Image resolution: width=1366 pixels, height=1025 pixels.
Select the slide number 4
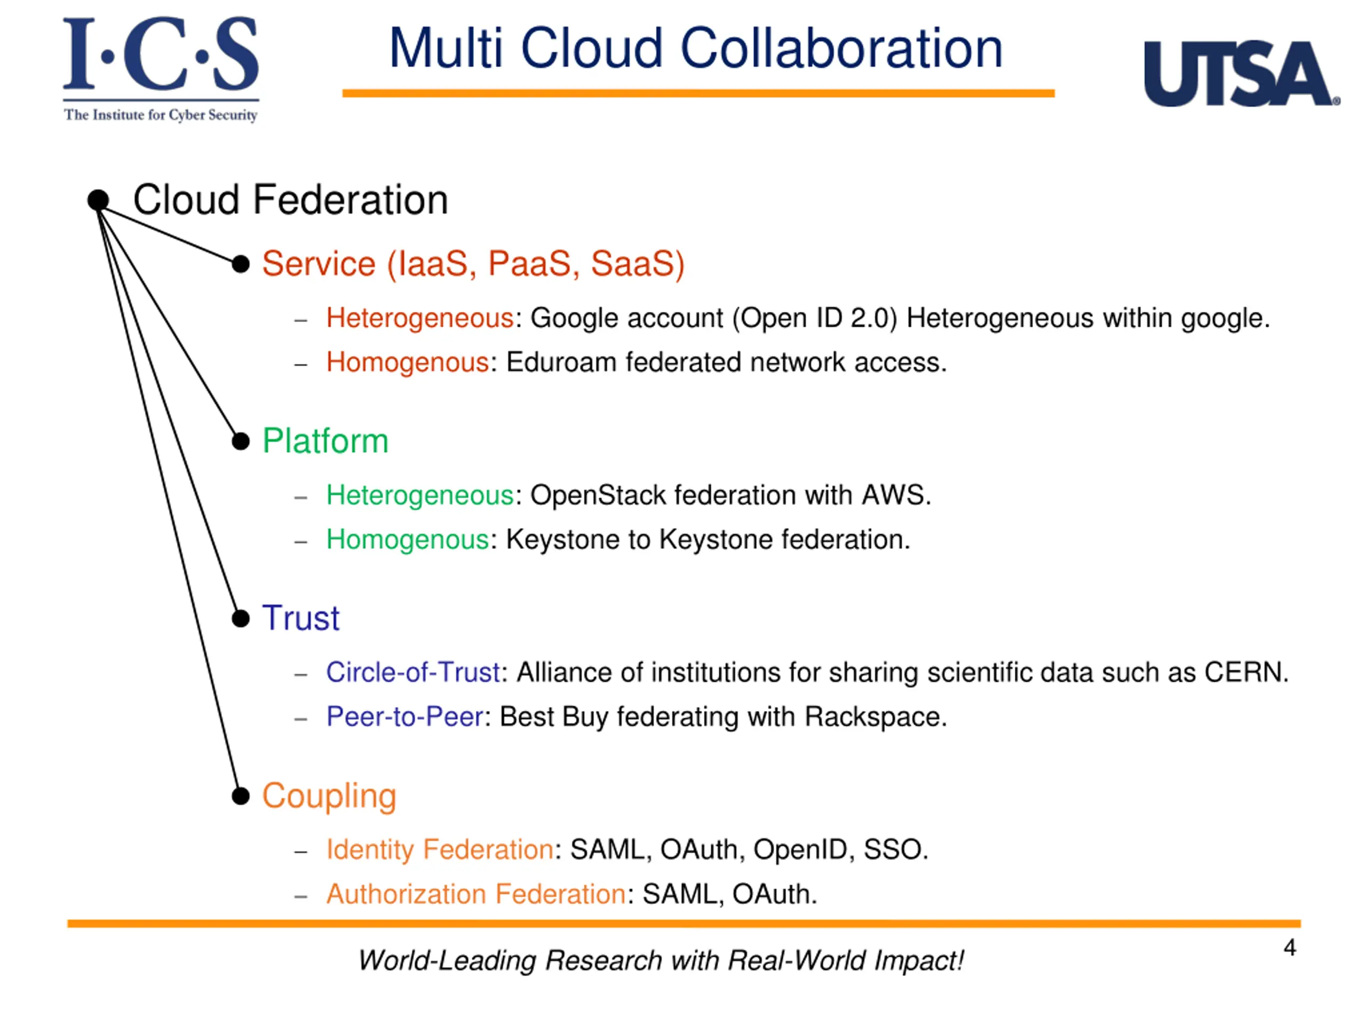[x=1289, y=948]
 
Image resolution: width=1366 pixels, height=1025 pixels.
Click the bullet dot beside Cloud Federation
[x=98, y=200]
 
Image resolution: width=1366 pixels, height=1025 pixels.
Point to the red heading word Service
[x=319, y=264]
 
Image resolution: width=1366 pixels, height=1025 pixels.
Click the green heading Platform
[x=325, y=441]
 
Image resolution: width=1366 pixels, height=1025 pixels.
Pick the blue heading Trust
[x=301, y=618]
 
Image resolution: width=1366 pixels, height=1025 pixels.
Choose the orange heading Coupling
[x=329, y=796]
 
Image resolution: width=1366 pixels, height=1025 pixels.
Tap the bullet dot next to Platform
[x=240, y=441]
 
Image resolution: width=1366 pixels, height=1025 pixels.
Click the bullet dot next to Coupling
[x=240, y=797]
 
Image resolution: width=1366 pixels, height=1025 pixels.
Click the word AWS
[x=895, y=495]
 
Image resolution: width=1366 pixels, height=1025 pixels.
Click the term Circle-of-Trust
[x=412, y=672]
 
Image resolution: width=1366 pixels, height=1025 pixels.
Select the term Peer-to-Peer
[x=404, y=716]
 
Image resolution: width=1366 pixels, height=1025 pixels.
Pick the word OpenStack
[x=597, y=495]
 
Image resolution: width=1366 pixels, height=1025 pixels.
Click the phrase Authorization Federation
[x=476, y=894]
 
